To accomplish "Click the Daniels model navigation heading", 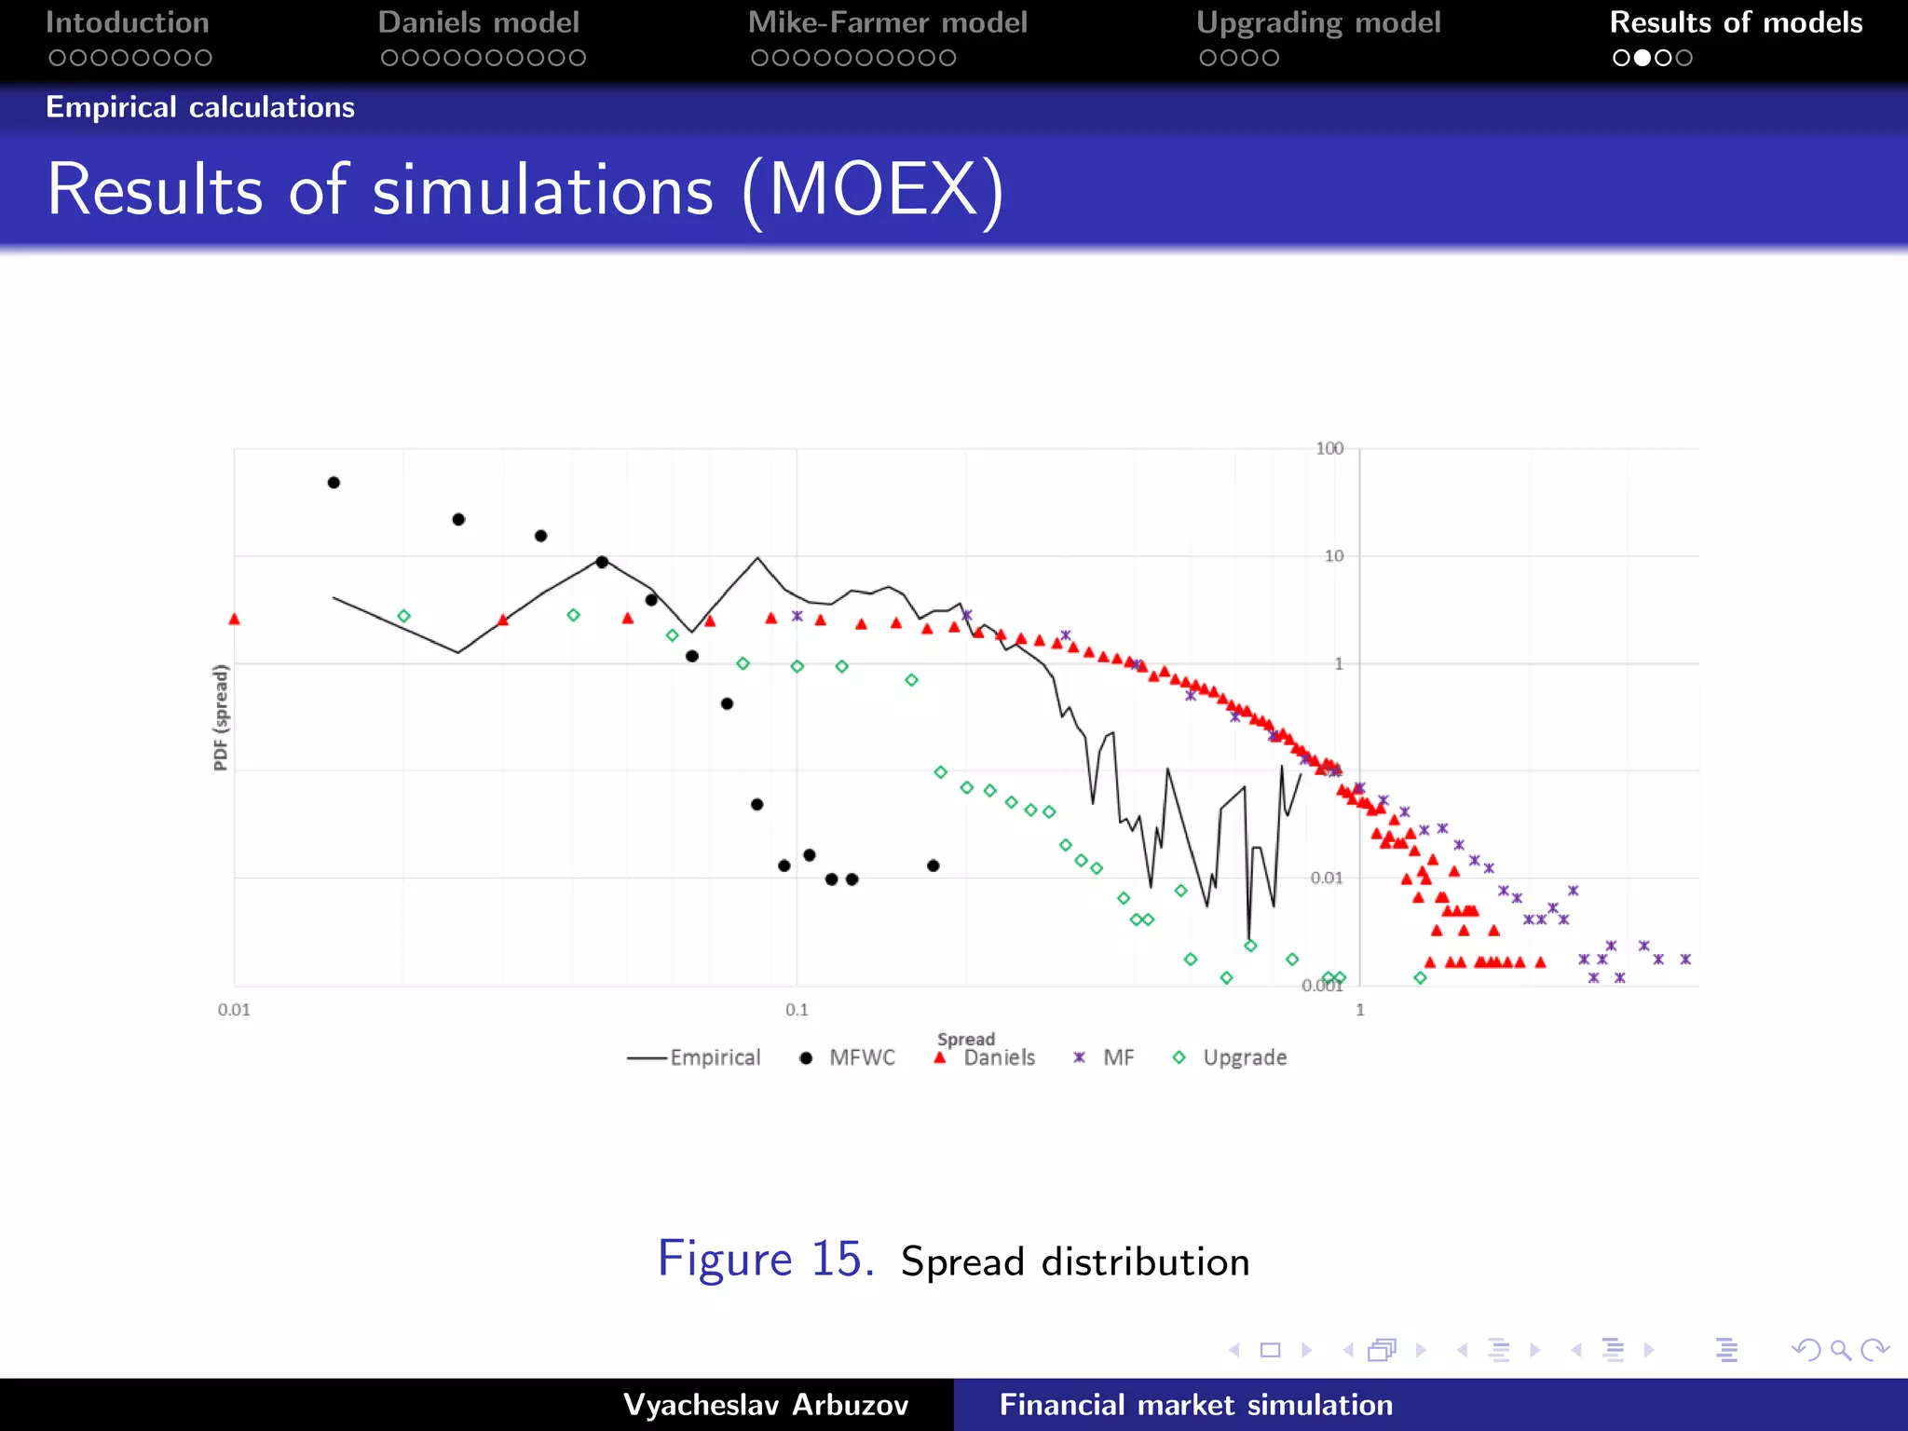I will pos(478,22).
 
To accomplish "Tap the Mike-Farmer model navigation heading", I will pos(887,22).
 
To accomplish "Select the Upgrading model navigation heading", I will pos(1317,22).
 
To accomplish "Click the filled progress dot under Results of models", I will pos(1642,58).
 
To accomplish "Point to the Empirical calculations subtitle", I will pos(200,107).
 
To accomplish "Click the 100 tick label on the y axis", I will pos(1329,448).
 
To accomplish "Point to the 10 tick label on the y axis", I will pos(1333,556).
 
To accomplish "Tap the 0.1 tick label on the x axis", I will pos(797,1010).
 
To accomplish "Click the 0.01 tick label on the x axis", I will pos(234,1010).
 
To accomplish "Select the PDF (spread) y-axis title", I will pos(221,717).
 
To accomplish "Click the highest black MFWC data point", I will pos(334,483).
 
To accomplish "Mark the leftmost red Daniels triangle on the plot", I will pos(234,620).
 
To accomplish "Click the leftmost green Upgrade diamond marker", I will pos(403,616).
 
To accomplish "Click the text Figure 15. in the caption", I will pos(765,1260).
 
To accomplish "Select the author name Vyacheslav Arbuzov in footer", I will pos(765,1405).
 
